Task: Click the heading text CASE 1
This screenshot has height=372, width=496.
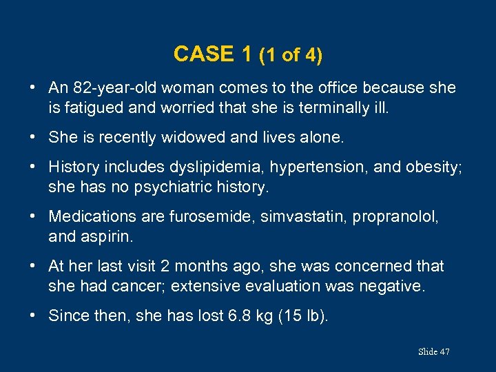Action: [214, 54]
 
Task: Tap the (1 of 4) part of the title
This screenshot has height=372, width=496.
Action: [290, 55]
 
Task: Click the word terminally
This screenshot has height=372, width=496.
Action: [297, 107]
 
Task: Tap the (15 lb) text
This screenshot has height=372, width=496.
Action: [306, 316]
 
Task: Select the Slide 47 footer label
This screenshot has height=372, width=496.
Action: [433, 352]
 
